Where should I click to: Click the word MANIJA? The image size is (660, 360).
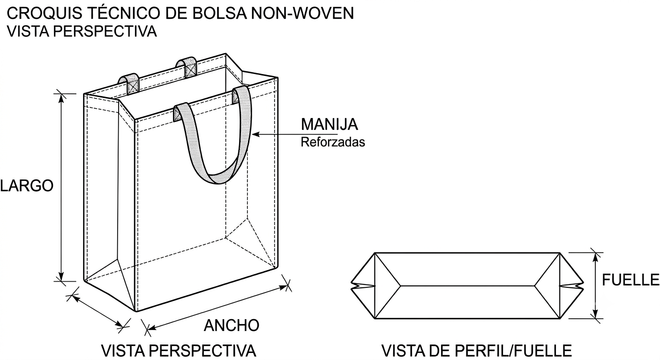[x=329, y=124]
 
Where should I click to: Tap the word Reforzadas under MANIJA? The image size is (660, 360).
[x=333, y=142]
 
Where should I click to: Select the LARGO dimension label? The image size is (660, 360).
[x=27, y=186]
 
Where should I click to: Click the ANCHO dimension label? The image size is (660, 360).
[x=232, y=325]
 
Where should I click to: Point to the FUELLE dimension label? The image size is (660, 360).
[x=630, y=280]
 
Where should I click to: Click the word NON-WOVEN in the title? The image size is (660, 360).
[x=303, y=13]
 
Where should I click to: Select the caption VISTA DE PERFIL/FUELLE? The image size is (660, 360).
[x=477, y=351]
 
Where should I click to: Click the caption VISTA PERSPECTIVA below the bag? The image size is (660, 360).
[x=179, y=351]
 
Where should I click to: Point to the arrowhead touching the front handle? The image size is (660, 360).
[x=256, y=135]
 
